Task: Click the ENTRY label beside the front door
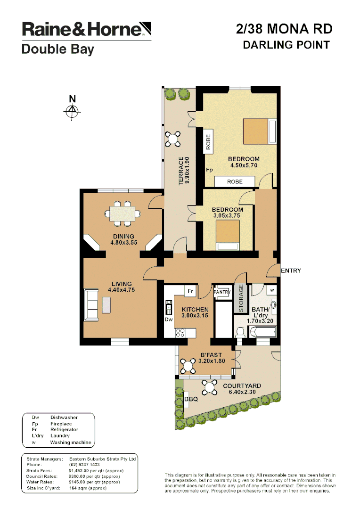(290, 271)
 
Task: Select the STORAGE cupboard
(240, 298)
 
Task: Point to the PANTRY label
(221, 292)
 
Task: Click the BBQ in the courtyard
(190, 399)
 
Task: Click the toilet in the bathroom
(240, 333)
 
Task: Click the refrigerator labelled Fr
(191, 292)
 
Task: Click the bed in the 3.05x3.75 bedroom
(228, 233)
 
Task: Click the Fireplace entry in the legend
(61, 424)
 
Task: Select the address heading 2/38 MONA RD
(284, 29)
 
